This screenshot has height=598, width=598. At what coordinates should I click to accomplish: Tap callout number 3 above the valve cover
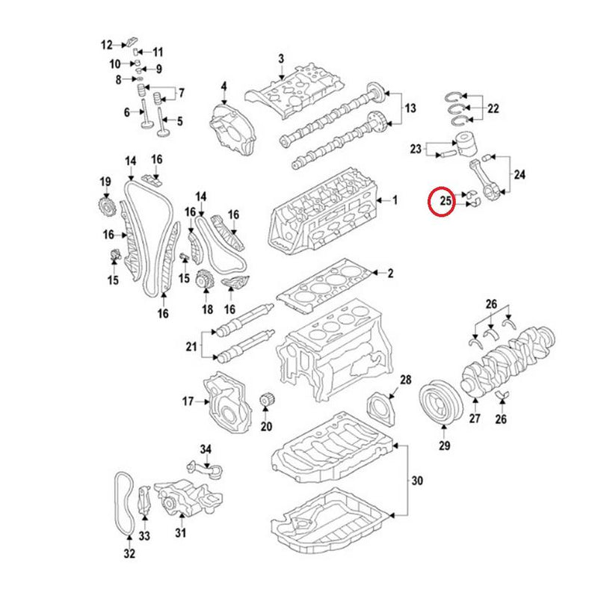[281, 58]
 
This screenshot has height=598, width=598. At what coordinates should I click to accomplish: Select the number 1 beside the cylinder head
[395, 200]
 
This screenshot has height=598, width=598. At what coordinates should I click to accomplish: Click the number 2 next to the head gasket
[389, 274]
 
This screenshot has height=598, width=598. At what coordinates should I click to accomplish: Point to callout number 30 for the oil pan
[417, 478]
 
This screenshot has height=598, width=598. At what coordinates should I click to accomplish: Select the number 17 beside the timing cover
[188, 402]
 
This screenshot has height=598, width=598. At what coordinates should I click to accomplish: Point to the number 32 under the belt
[129, 554]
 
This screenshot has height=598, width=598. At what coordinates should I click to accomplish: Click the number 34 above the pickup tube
[206, 449]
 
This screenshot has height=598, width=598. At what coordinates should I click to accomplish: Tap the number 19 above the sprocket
[105, 182]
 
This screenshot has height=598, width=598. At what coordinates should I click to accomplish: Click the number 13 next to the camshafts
[410, 109]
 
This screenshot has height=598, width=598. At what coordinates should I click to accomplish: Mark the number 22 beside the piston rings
[493, 108]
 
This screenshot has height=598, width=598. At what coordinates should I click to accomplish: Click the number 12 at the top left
[106, 44]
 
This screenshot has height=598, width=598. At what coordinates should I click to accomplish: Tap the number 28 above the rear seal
[405, 380]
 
